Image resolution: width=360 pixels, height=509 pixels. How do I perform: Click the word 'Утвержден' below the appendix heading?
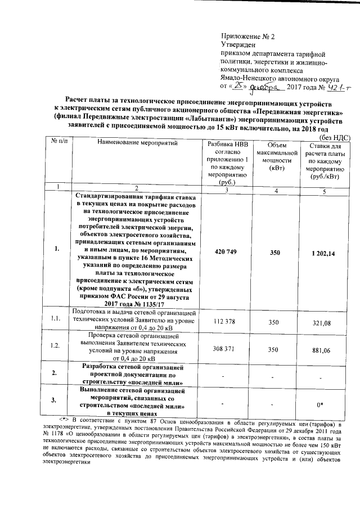coord(238,44)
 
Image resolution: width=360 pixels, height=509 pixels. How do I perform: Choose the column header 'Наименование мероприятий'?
coord(134,143)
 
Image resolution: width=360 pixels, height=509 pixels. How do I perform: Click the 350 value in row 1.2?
coord(273,350)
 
